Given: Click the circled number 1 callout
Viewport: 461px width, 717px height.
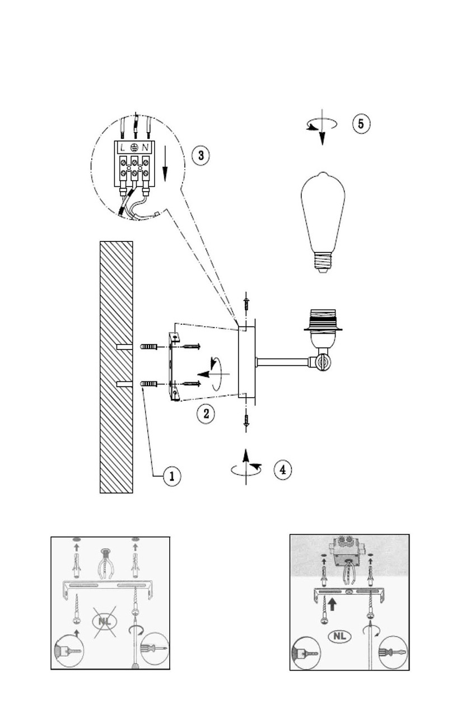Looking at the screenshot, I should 172,476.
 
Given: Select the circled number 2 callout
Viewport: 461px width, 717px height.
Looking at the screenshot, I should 206,414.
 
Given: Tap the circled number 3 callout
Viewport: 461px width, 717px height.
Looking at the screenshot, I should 201,155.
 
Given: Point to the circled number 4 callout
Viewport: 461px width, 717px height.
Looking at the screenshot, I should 282,469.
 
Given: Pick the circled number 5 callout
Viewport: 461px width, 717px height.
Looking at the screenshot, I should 361,123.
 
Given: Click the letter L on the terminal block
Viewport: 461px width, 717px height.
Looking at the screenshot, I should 122,147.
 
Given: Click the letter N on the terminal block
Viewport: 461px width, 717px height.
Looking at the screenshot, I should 146,147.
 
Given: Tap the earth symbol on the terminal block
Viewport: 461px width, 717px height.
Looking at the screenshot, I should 134,147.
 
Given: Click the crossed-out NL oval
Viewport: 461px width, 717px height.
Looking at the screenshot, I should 104,621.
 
